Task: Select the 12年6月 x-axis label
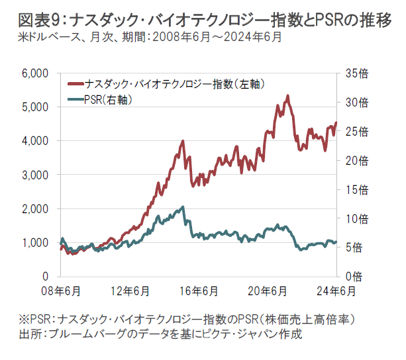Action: (130, 291)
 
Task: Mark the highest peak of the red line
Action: (287, 96)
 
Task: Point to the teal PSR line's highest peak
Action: (183, 207)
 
